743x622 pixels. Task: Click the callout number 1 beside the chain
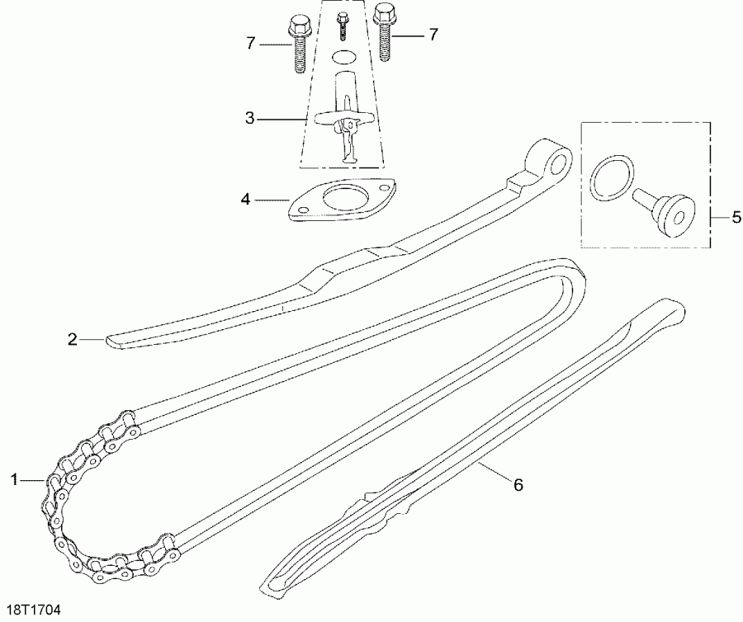[x=14, y=478]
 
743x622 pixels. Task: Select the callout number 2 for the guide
[x=73, y=338]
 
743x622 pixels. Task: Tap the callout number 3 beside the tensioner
[x=250, y=119]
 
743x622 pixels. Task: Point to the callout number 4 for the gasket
[x=245, y=199]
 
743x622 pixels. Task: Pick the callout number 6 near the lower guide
[x=518, y=484]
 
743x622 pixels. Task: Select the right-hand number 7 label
[x=432, y=34]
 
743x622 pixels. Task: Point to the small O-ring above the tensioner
[x=345, y=57]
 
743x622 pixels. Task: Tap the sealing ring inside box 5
[x=612, y=176]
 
